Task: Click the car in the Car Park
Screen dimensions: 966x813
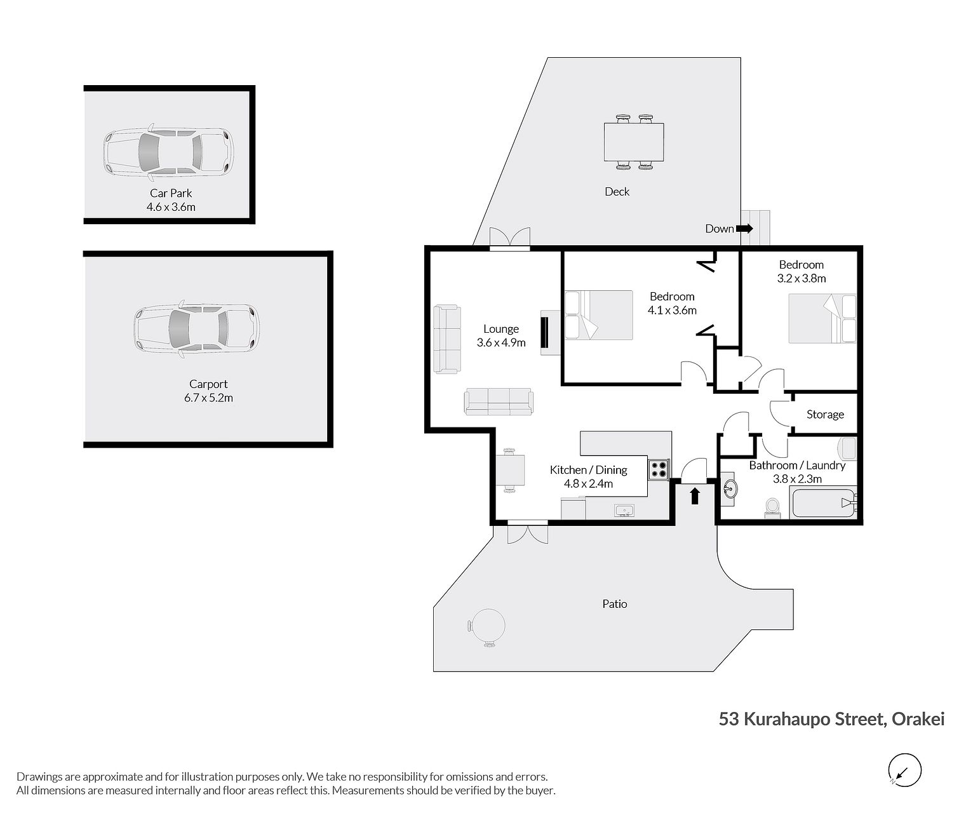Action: pyautogui.click(x=168, y=152)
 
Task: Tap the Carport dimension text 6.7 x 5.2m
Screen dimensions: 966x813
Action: pyautogui.click(x=209, y=398)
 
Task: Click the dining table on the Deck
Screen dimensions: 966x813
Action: pyautogui.click(x=634, y=142)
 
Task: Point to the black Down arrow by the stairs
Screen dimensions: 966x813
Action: pyautogui.click(x=744, y=228)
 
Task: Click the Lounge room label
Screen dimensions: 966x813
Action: pyautogui.click(x=501, y=329)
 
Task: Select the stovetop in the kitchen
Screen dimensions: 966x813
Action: pyautogui.click(x=659, y=469)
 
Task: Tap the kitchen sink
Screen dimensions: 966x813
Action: pyautogui.click(x=624, y=511)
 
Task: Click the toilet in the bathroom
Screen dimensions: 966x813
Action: pyautogui.click(x=772, y=507)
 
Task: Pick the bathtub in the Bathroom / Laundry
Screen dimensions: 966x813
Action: pyautogui.click(x=824, y=504)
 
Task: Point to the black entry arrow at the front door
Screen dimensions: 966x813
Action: pyautogui.click(x=694, y=496)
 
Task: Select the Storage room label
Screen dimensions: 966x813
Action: pyautogui.click(x=825, y=415)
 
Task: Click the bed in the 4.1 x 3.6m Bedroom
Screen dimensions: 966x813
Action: pyautogui.click(x=599, y=315)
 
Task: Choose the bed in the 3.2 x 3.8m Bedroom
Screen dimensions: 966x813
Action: pyautogui.click(x=822, y=318)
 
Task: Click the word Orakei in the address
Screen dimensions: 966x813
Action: pyautogui.click(x=918, y=718)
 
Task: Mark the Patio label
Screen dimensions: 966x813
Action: pyautogui.click(x=614, y=604)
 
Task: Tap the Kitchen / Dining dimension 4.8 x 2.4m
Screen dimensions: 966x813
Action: pyautogui.click(x=588, y=483)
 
